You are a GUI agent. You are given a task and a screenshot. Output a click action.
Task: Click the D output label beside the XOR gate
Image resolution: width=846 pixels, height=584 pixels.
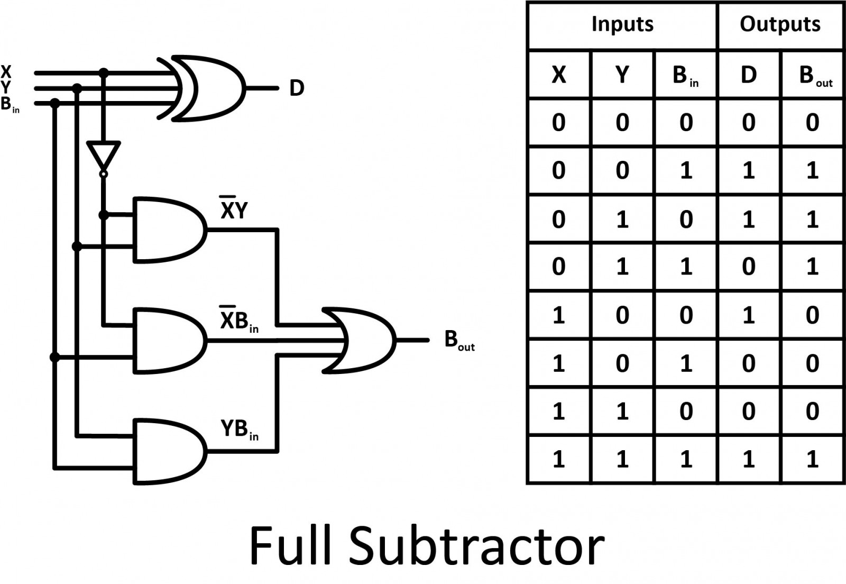coord(297,88)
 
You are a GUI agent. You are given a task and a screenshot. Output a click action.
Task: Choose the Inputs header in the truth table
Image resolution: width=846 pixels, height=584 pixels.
coord(622,24)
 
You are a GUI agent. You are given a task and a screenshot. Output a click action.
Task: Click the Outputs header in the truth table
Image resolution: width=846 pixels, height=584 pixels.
coord(780,24)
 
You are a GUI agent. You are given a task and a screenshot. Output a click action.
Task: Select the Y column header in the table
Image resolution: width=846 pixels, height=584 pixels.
coord(622,75)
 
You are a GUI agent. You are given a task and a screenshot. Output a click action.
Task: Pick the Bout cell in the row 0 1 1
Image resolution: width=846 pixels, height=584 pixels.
coord(812,266)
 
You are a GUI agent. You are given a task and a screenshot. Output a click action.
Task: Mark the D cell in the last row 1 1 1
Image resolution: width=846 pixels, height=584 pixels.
coord(749,459)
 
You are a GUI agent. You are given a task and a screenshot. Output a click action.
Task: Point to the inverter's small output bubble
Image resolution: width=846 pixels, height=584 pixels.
coord(104,174)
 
